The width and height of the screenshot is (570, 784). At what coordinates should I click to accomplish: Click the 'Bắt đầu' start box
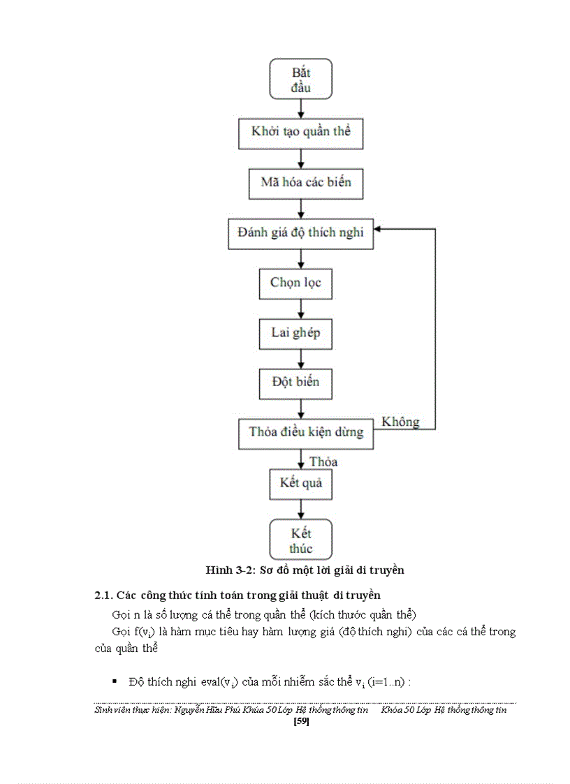[300, 78]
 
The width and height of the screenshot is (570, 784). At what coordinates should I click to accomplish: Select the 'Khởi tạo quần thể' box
[300, 132]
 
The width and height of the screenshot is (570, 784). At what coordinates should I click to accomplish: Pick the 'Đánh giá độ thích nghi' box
[300, 233]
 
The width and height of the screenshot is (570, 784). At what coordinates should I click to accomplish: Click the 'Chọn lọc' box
[300, 283]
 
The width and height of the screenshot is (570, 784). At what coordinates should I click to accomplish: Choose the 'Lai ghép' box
[300, 333]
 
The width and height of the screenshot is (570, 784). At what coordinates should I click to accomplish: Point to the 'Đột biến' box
[300, 383]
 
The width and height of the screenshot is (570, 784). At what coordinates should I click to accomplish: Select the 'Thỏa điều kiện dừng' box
[306, 432]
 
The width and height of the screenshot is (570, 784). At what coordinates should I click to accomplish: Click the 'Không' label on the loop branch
[400, 422]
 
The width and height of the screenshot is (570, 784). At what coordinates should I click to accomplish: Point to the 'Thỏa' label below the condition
[323, 461]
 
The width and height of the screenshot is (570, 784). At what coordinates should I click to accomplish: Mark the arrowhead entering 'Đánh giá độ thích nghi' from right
[379, 228]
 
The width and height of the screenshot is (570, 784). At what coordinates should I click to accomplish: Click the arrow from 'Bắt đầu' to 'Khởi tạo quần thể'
[300, 108]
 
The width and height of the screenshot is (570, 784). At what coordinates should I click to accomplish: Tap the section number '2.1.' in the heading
[104, 596]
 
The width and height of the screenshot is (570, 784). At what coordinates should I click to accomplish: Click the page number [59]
[302, 721]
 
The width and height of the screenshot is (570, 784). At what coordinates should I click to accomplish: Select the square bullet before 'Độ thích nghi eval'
[114, 681]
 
